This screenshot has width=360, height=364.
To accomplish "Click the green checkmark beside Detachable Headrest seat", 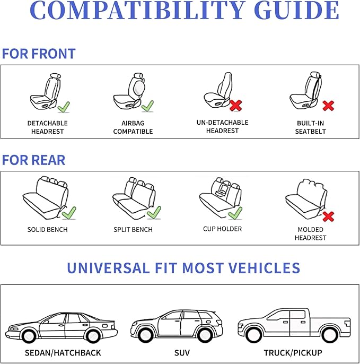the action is [64, 107].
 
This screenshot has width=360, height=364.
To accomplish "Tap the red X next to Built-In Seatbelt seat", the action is [328, 106].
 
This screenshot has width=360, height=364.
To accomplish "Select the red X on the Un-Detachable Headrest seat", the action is [235, 106].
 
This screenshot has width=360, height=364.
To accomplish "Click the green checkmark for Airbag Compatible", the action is [147, 106].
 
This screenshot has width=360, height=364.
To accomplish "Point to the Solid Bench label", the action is [48, 230].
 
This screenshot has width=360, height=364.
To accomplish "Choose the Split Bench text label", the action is [133, 230].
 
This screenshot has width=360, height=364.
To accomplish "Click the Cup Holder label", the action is [223, 229].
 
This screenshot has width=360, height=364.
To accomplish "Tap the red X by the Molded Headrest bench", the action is [328, 216].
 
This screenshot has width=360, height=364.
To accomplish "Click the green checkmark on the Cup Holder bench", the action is [235, 213].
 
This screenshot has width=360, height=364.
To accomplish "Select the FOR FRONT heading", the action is [39, 54].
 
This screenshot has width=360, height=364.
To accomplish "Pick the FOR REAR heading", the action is [33, 160].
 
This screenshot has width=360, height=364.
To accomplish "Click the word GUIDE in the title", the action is [296, 11].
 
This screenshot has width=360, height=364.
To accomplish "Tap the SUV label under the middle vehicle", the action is [182, 353].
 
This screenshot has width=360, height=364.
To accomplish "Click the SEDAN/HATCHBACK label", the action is [63, 353].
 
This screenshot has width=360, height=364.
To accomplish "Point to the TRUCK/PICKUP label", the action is [293, 353].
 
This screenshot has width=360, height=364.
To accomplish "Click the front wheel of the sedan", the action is [29, 335].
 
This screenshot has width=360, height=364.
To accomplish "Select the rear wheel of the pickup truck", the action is [329, 335].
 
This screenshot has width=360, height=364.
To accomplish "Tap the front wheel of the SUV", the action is [146, 334].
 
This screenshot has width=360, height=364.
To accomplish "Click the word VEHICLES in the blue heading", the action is [264, 268].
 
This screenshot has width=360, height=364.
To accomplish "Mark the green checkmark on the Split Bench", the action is [154, 213].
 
